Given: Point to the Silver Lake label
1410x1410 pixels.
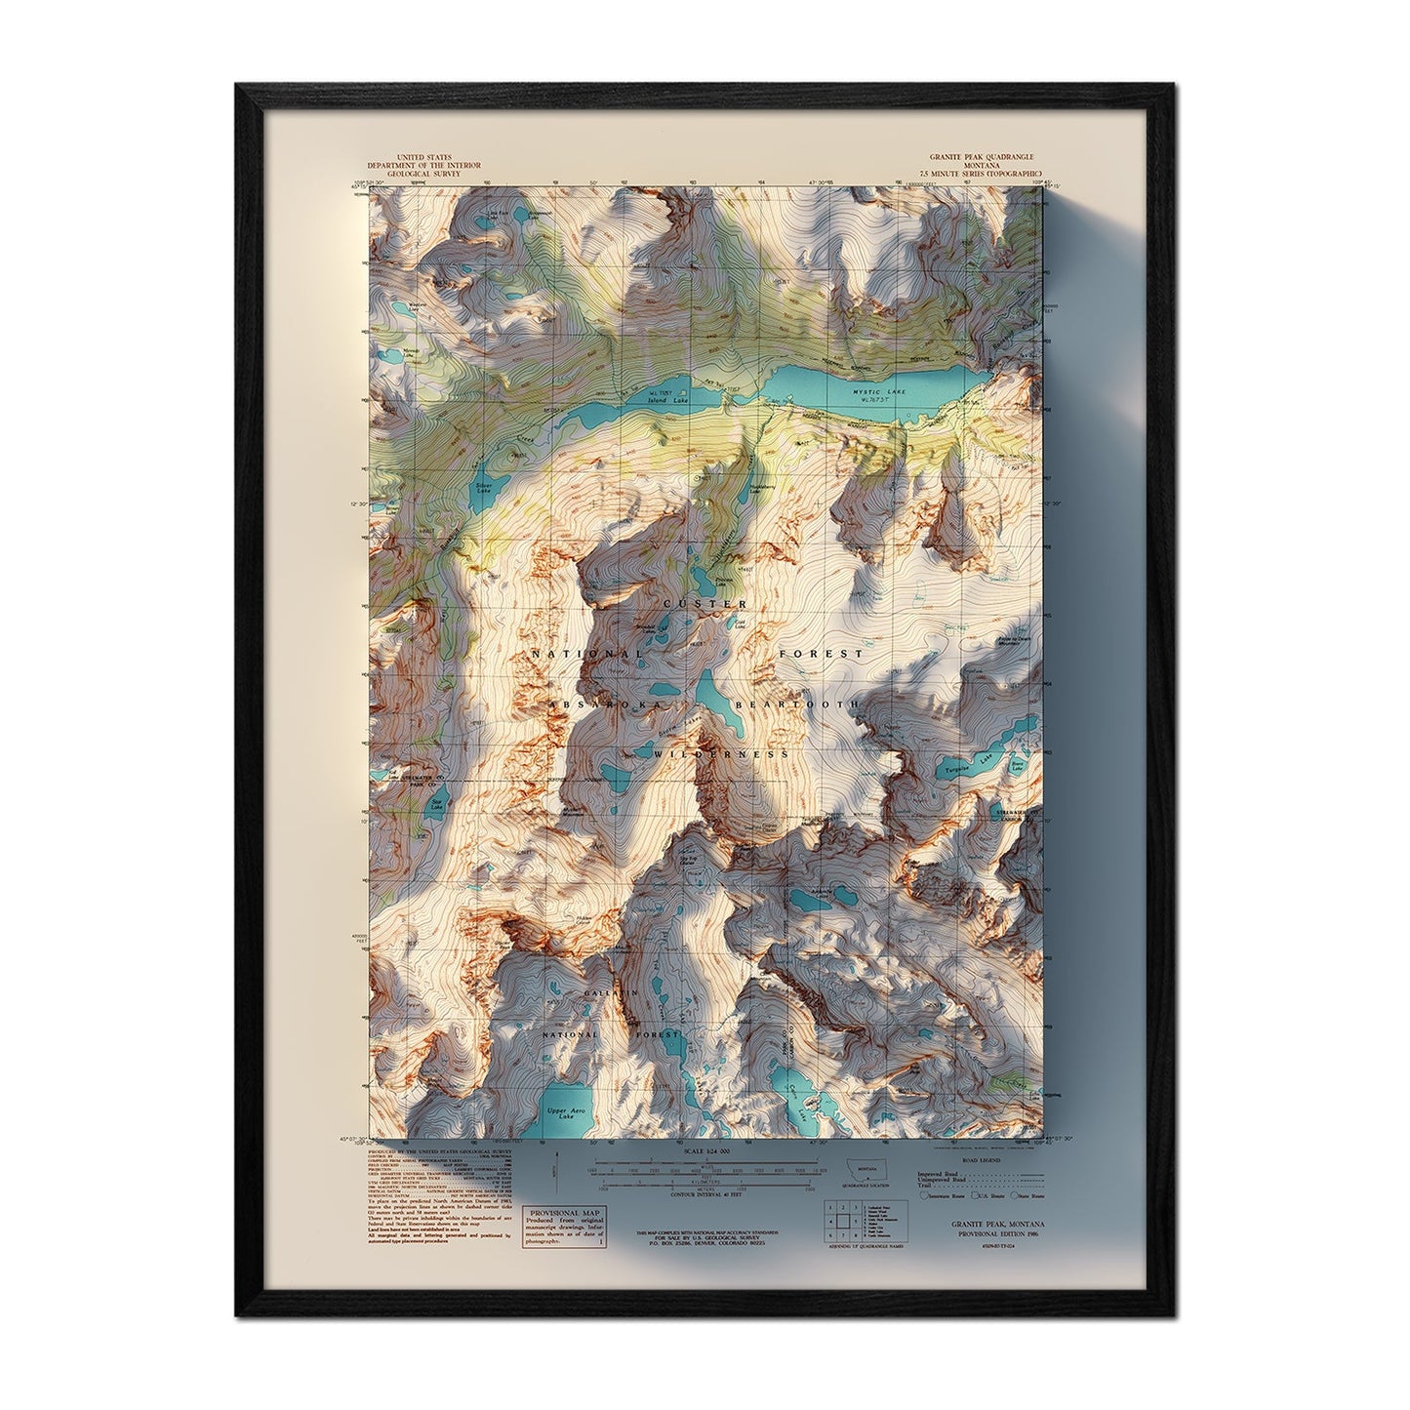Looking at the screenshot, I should coord(482,485).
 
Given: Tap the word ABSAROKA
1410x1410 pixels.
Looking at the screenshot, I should coord(604,704).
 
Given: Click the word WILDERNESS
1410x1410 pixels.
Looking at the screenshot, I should coord(721,754).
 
